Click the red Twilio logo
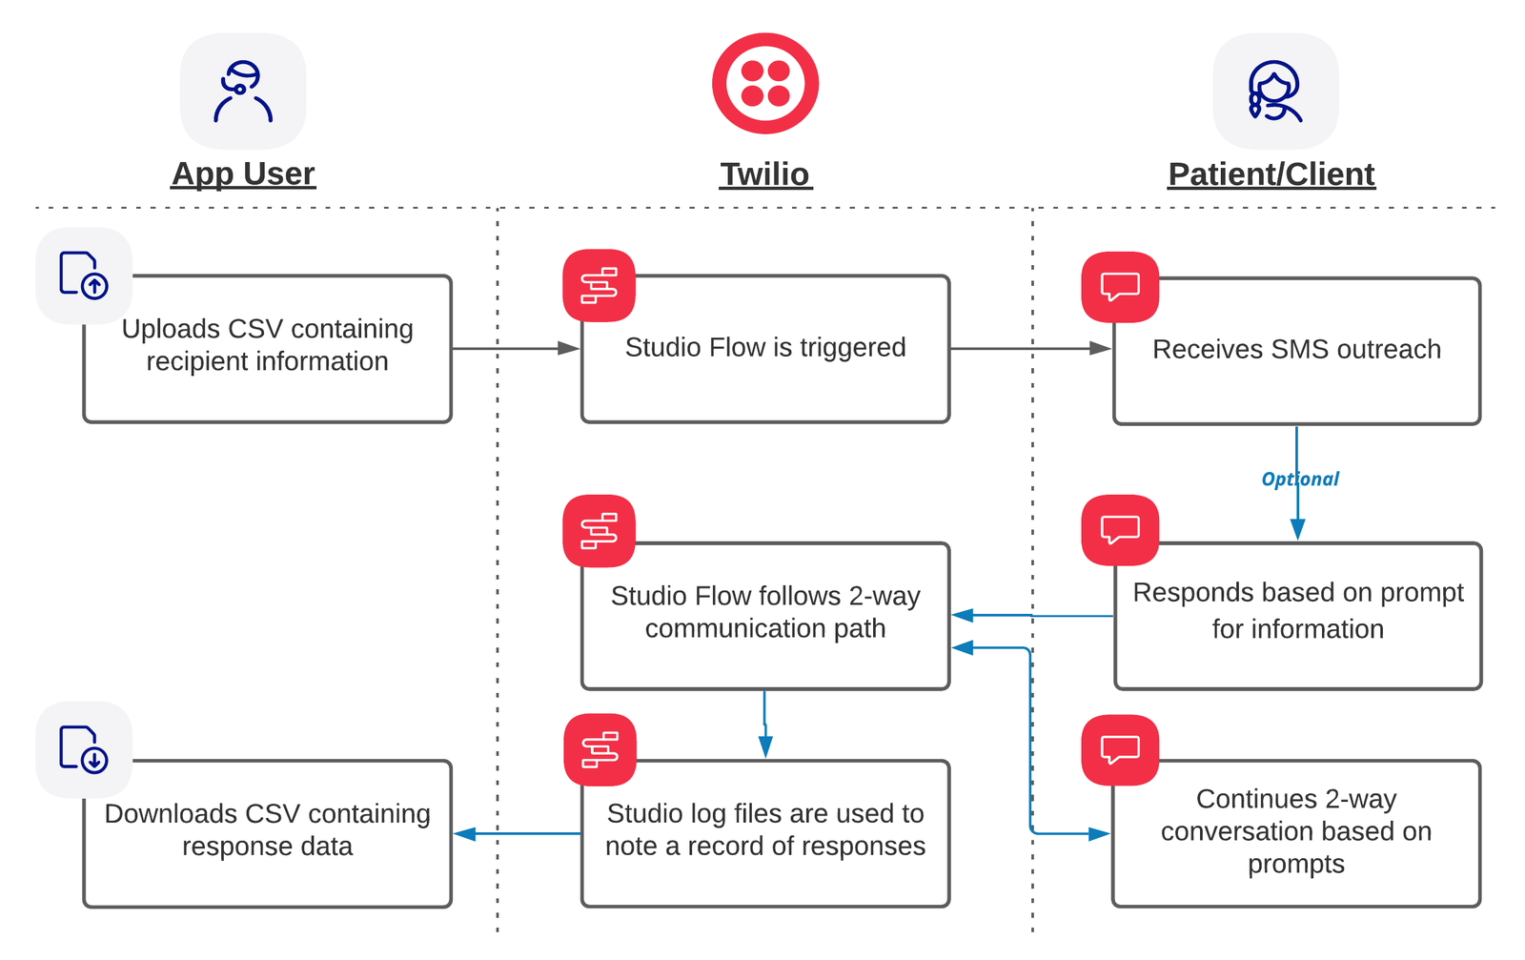[764, 83]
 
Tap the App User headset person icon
[243, 92]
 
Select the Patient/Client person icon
[1274, 92]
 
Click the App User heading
[243, 174]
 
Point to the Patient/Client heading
[1271, 174]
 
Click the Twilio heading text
[764, 174]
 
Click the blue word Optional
[1300, 479]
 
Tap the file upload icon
[84, 276]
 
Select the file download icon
[84, 749]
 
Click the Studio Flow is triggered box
[765, 349]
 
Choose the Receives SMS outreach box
[1296, 351]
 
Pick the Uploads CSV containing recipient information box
[267, 349]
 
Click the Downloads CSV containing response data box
[267, 833]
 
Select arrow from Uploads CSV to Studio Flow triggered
[516, 349]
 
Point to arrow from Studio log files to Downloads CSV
[516, 833]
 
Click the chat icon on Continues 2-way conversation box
[1120, 750]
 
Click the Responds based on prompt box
[1297, 615]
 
